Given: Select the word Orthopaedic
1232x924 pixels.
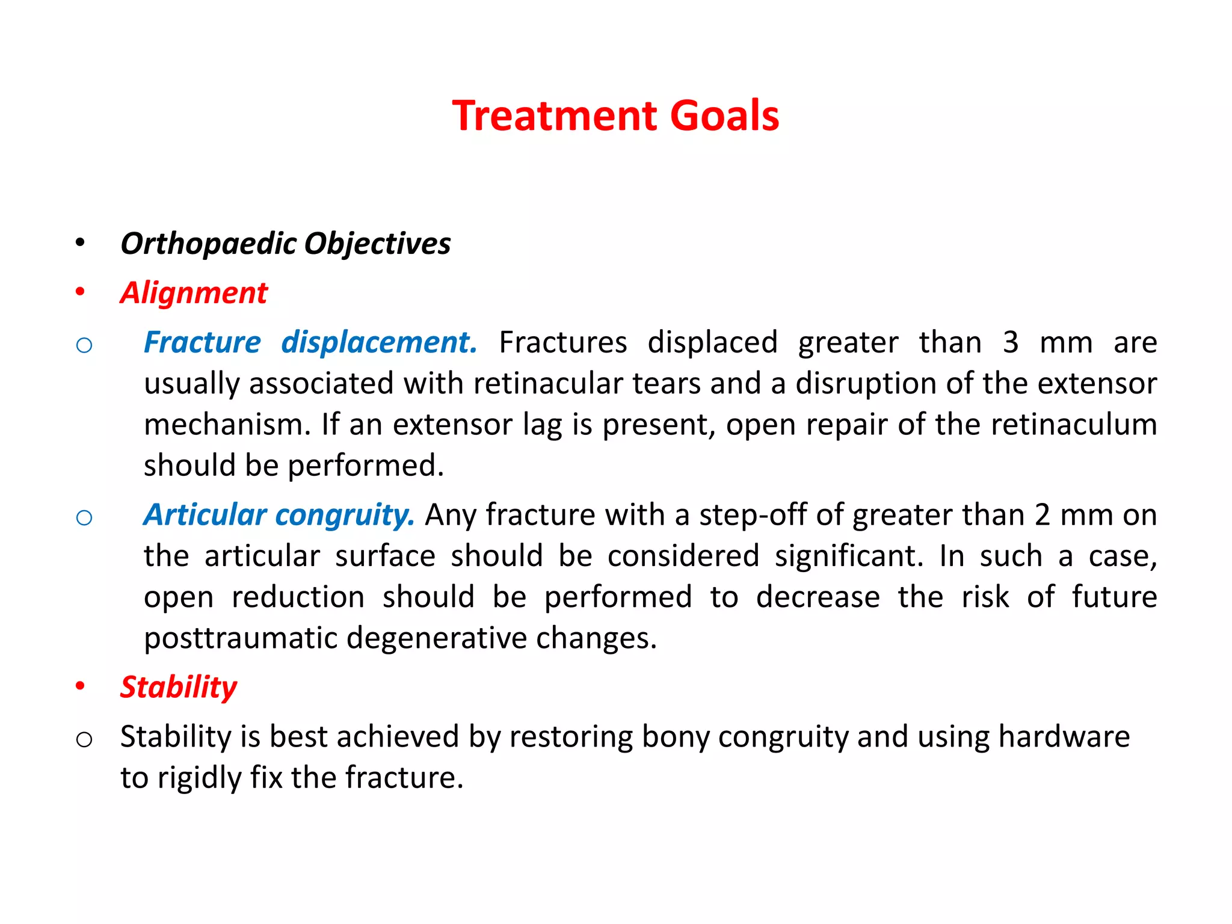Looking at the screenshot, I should (209, 244).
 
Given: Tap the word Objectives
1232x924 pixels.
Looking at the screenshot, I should (377, 244).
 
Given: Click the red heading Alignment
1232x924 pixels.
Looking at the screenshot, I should (193, 294).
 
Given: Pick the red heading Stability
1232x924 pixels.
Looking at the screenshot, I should (179, 687).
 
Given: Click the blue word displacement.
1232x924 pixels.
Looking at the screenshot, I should (379, 343).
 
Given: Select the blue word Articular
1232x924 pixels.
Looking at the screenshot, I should (205, 516).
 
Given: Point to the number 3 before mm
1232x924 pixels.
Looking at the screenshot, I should (1011, 343).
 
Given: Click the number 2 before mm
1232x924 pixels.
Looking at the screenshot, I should (1043, 516).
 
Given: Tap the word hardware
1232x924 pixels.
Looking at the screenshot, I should (1064, 737).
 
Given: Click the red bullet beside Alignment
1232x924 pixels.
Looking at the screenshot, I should (80, 293).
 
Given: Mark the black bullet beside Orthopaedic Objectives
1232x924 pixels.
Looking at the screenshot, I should (80, 244).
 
